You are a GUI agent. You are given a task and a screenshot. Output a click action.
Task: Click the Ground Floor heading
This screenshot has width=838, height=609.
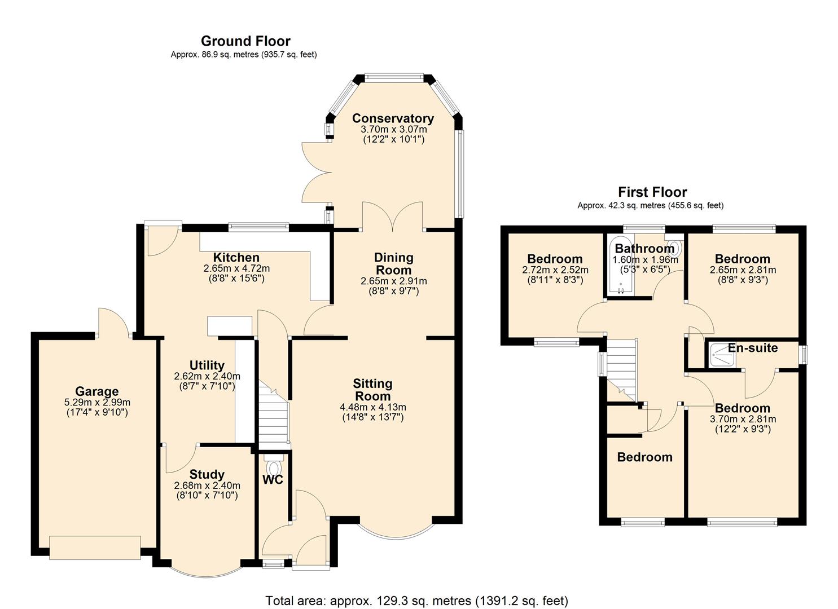[245, 41]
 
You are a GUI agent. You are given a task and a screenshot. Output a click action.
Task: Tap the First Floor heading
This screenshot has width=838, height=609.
[652, 192]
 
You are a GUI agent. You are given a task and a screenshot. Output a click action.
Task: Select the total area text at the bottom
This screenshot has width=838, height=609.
[416, 601]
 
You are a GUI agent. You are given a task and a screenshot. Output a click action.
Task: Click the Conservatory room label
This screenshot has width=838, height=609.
[393, 118]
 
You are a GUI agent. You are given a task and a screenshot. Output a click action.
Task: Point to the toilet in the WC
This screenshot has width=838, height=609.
[274, 468]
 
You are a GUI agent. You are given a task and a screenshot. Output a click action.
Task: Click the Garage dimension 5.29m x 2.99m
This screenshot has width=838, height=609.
[97, 403]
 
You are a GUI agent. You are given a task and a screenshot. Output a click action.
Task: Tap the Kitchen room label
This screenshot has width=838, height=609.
[236, 258]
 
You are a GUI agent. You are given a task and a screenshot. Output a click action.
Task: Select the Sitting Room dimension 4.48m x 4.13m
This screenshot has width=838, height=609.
[372, 407]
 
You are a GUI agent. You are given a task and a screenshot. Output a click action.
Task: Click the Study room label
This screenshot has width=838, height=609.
[207, 475]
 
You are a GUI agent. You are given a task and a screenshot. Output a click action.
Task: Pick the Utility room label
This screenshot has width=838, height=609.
[207, 365]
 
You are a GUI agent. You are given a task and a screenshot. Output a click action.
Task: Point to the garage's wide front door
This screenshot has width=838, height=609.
[95, 548]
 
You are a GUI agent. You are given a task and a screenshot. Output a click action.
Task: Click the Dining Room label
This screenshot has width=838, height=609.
[394, 263]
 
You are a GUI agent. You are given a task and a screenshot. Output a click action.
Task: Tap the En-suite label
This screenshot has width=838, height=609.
[753, 348]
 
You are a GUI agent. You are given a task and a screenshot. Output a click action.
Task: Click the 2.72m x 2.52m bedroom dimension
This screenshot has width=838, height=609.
[555, 270]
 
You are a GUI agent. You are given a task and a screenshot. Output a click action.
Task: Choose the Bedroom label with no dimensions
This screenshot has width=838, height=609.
[644, 457]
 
